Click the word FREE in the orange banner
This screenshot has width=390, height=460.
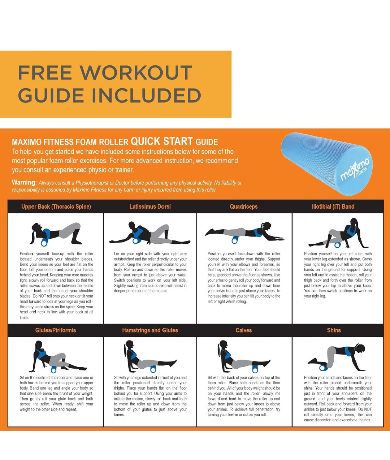(45, 73)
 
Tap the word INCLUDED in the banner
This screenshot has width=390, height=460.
(146, 95)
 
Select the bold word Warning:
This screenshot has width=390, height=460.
(24, 182)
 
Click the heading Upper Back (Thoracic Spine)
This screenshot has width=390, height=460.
(56, 207)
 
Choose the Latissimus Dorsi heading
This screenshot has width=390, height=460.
(150, 207)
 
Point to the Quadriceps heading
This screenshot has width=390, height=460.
(243, 207)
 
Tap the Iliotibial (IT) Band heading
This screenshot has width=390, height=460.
(333, 207)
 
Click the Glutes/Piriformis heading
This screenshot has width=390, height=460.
(56, 330)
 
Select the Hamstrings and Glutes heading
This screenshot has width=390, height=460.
(150, 330)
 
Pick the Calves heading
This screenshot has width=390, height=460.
(243, 330)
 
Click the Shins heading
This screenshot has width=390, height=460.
(334, 330)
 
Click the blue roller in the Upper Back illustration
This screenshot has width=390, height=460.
(44, 242)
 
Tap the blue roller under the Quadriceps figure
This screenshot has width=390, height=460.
(235, 240)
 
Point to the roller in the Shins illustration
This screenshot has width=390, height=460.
(323, 368)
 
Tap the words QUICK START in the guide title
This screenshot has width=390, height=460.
(162, 141)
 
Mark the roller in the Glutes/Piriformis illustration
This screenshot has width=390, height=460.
(54, 369)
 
